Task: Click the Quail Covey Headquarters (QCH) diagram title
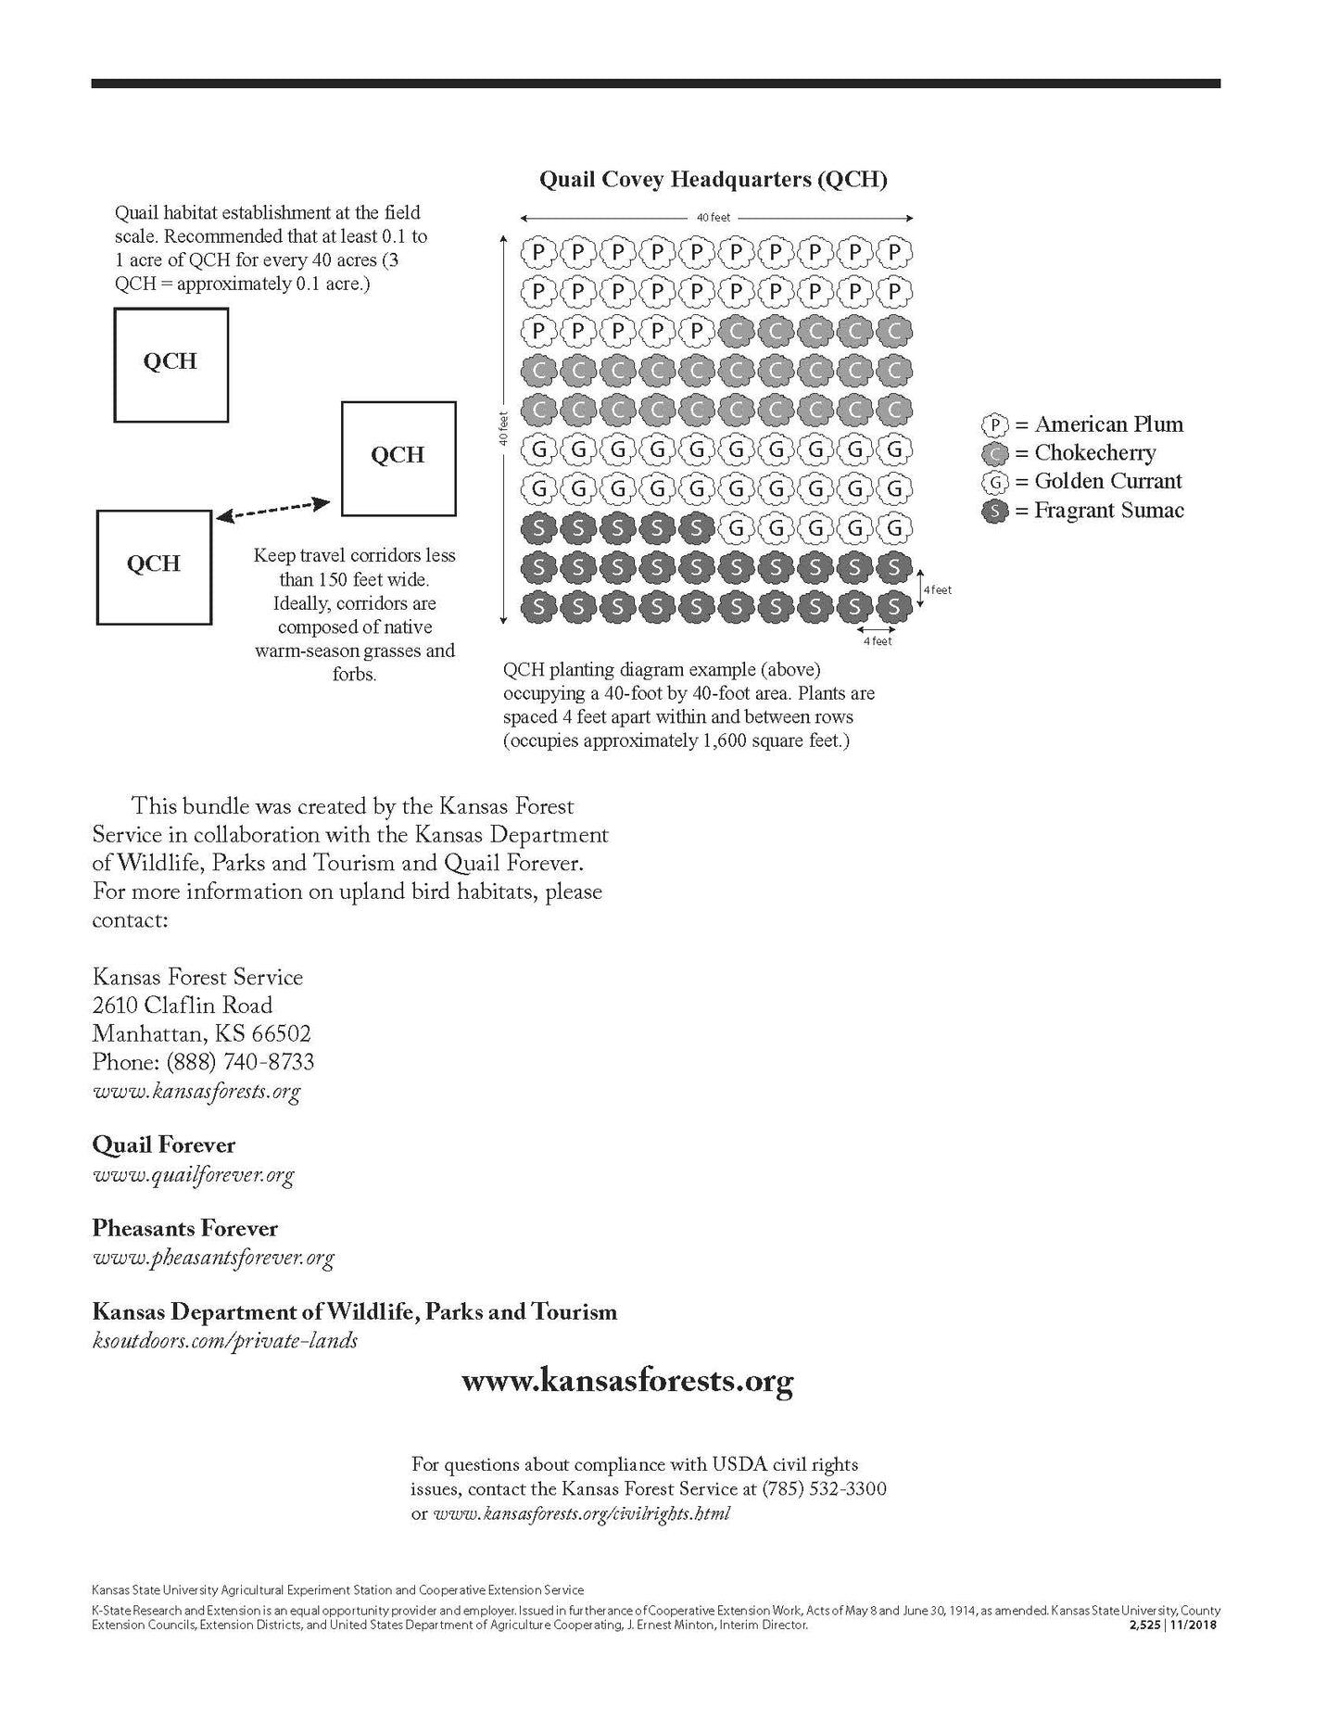tap(713, 179)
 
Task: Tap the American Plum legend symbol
tap(994, 425)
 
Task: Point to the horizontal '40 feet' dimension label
tap(714, 218)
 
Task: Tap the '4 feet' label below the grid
tap(878, 641)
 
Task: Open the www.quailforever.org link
tap(193, 1175)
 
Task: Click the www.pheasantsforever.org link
tap(213, 1258)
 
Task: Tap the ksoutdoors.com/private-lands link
tap(225, 1341)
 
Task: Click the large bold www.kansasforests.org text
tap(627, 1382)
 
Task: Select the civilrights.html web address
tap(582, 1513)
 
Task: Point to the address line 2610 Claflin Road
tap(182, 1006)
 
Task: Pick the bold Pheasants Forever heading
tap(184, 1229)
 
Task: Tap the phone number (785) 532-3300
tap(824, 1489)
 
